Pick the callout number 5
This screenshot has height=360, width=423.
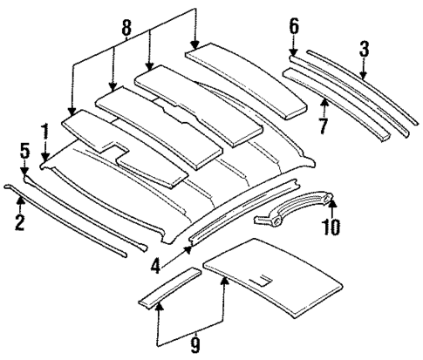(24, 151)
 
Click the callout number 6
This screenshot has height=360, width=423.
(293, 27)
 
